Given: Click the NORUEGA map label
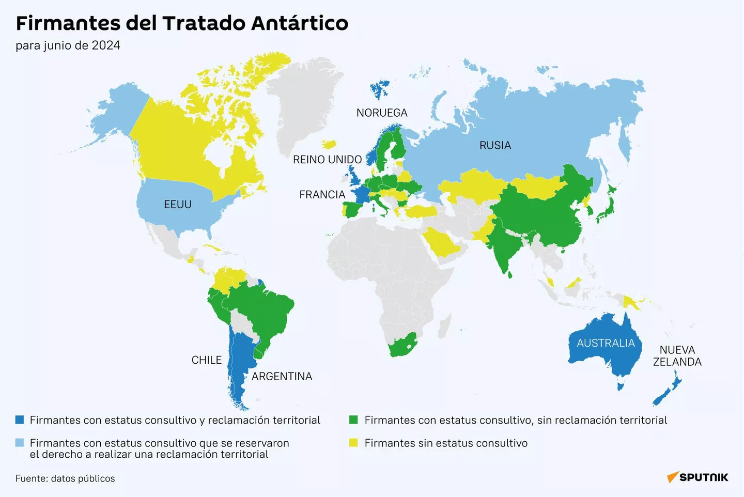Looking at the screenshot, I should (x=382, y=113).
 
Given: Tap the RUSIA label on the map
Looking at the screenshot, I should (x=495, y=146).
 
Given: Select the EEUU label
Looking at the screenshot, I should (x=178, y=205).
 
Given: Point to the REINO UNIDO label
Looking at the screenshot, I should (x=327, y=160).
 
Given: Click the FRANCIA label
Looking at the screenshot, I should (x=322, y=195).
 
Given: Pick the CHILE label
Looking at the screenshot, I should (x=206, y=360).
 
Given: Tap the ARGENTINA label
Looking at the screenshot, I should (x=282, y=377).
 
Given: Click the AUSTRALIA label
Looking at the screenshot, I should (x=606, y=343).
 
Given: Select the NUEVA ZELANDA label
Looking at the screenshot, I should (x=677, y=356).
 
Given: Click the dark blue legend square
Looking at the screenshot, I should (x=20, y=420).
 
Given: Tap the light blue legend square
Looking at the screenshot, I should (x=20, y=443).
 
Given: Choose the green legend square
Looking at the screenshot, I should (x=353, y=420).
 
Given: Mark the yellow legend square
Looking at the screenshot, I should (x=353, y=443).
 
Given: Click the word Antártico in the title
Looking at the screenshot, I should (x=300, y=23).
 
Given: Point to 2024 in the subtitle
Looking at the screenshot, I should (x=106, y=45).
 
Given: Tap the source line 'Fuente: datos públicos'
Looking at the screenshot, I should (x=65, y=478).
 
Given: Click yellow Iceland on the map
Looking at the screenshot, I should (x=329, y=144).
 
